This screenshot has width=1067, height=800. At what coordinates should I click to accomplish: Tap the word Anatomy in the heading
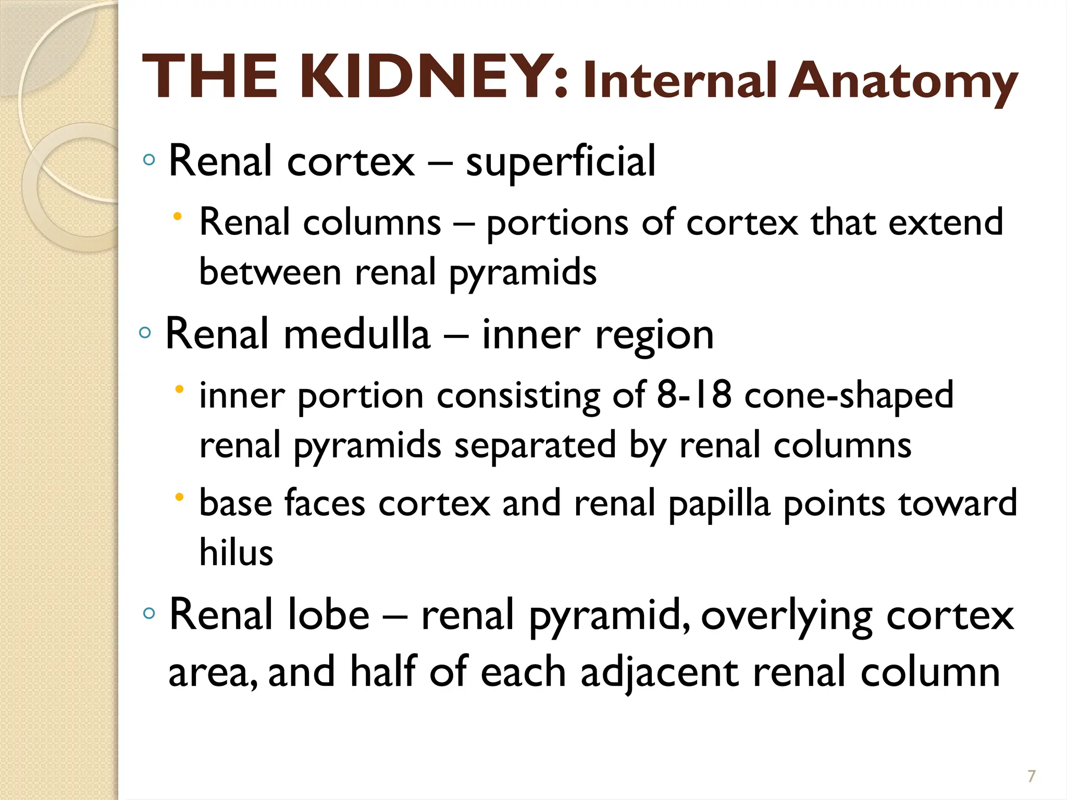[x=902, y=82]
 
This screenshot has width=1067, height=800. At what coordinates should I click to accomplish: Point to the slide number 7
[x=1031, y=776]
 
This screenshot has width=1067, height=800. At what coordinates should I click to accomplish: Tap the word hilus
[x=236, y=552]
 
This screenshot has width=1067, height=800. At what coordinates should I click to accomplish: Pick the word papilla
[x=718, y=504]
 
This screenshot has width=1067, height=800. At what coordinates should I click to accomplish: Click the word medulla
[x=357, y=334]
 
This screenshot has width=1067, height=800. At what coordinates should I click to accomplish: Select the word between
[x=270, y=272]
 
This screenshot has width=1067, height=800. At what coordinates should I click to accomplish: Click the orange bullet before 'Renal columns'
[x=178, y=216]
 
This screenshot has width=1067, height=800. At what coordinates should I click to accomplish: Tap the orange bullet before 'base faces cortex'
[x=179, y=497]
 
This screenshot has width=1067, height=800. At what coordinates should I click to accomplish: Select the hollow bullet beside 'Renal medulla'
[x=145, y=332]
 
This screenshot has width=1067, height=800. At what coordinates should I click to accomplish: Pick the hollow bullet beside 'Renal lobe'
[x=149, y=613]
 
